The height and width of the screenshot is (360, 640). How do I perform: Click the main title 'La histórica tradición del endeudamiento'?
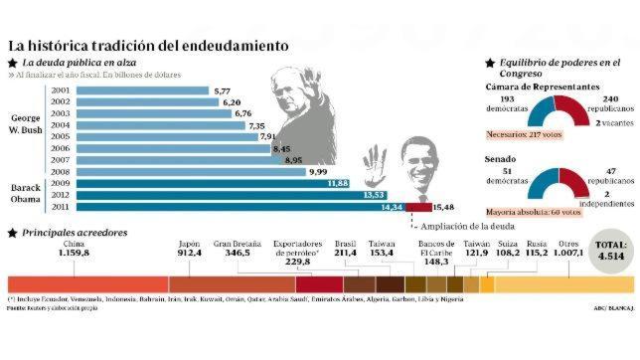tap(149, 45)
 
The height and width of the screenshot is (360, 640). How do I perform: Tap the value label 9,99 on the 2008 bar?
tap(317, 171)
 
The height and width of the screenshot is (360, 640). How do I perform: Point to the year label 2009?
tap(60, 183)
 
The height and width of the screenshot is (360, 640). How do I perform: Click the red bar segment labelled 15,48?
tap(416, 207)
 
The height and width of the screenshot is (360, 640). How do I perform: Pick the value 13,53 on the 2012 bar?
tap(374, 195)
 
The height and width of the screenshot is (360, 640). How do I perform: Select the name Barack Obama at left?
tap(25, 194)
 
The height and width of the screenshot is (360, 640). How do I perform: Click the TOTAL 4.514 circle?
tap(607, 249)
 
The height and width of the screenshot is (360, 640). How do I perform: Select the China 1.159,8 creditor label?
tap(74, 249)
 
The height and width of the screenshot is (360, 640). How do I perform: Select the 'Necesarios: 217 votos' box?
tap(532, 134)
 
